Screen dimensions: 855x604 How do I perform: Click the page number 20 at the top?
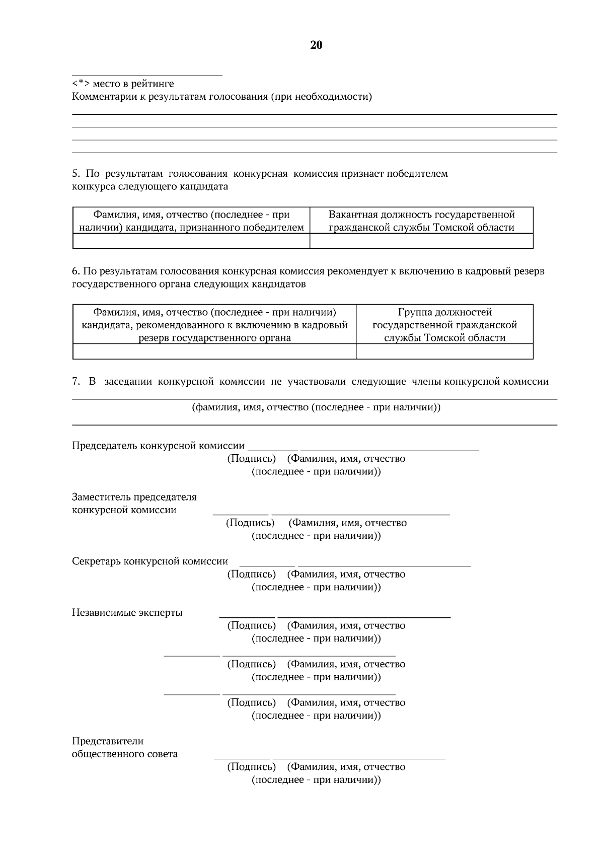pos(316,45)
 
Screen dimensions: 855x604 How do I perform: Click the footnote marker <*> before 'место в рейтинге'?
pos(81,84)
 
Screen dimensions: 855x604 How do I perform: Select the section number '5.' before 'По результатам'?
pos(77,174)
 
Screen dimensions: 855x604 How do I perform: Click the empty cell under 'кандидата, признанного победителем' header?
pos(191,242)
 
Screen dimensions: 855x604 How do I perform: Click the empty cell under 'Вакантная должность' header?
pos(421,242)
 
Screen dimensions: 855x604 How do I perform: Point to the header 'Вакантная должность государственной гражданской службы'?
pos(421,221)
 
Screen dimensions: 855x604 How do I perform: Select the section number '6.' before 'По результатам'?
pos(76,271)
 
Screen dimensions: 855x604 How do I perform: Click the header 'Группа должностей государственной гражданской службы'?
pos(444,325)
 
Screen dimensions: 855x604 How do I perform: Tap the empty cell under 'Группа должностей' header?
pos(444,351)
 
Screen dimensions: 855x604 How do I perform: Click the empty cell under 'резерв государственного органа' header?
pos(214,351)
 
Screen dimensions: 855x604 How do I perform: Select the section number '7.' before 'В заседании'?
pos(76,382)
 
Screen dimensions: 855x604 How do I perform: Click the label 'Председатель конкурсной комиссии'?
pos(158,446)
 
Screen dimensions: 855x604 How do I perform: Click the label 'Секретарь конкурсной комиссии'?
pos(150,561)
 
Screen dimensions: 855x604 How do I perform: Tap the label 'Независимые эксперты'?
pos(127,613)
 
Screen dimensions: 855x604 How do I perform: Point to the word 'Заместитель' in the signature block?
pos(101,497)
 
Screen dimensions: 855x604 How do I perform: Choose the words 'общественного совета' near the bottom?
pos(125,754)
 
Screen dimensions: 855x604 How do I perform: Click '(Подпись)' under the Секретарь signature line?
pos(252,574)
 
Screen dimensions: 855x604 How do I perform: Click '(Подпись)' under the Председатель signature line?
pos(252,459)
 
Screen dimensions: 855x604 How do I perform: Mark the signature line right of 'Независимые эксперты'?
pos(247,616)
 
